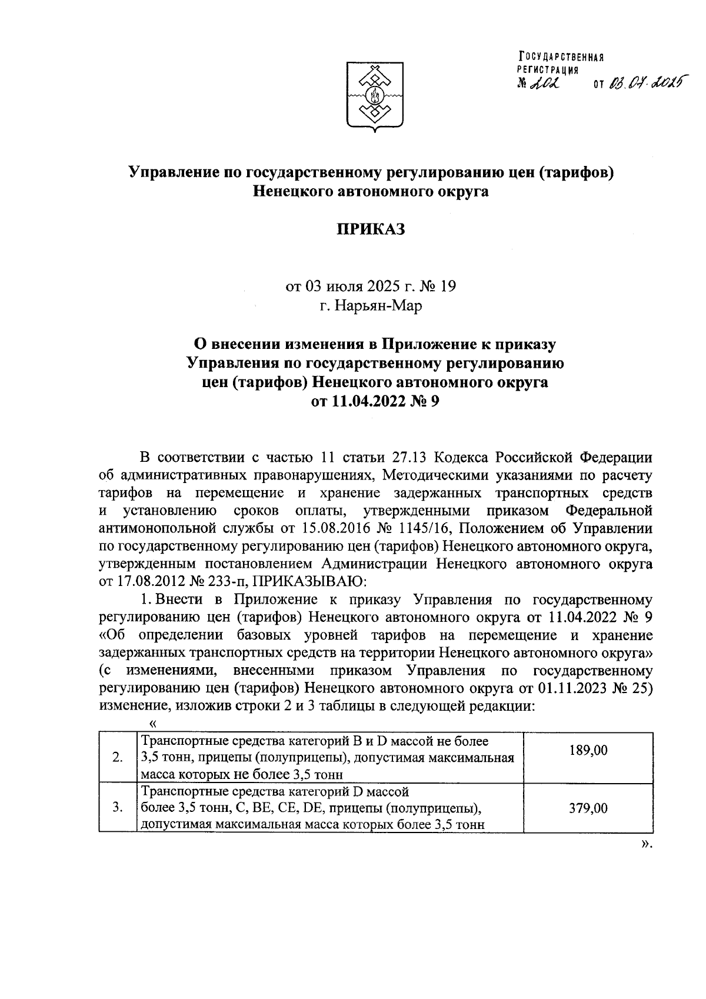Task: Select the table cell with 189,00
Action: click(x=588, y=750)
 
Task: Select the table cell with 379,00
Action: click(x=588, y=808)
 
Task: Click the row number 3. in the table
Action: click(x=117, y=808)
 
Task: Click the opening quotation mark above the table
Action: click(x=154, y=723)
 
